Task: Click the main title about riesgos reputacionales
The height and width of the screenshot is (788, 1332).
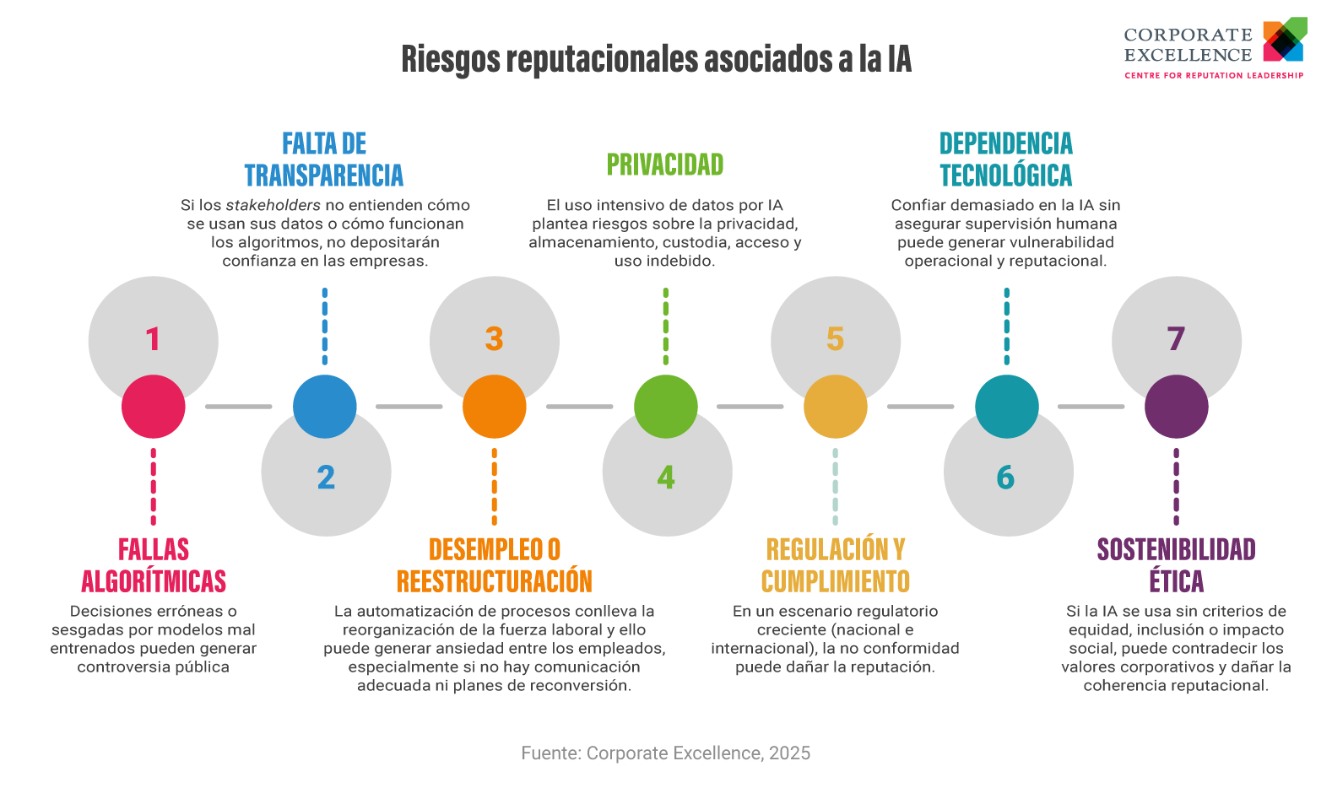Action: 656,59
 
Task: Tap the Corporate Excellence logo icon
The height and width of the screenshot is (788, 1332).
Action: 1284,40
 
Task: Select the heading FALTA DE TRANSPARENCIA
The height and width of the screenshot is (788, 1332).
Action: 324,159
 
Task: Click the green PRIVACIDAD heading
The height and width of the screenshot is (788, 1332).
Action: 665,165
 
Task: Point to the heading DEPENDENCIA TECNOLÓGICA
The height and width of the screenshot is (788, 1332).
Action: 1005,159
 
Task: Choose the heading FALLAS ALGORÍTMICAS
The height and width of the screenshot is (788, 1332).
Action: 154,565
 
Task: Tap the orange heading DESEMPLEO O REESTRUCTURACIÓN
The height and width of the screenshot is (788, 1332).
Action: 495,565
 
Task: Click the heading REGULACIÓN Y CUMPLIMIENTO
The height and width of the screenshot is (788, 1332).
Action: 836,565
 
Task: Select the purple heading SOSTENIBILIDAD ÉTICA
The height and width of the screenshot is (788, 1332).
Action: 1176,565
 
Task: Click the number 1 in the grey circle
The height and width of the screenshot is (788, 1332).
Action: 153,339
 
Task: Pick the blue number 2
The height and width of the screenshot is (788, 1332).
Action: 326,478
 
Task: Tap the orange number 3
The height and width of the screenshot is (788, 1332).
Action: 494,339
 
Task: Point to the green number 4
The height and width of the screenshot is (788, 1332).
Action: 666,478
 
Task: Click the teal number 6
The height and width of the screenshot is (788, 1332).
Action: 1005,478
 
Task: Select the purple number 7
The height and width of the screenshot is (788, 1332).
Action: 1176,339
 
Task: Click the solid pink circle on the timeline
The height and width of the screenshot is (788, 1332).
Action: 154,407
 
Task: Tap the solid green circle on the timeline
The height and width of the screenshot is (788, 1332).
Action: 666,407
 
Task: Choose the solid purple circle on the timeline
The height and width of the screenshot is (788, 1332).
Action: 1177,407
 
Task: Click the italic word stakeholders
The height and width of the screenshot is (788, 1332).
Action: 273,205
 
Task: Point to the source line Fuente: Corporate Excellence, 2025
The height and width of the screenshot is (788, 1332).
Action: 665,753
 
